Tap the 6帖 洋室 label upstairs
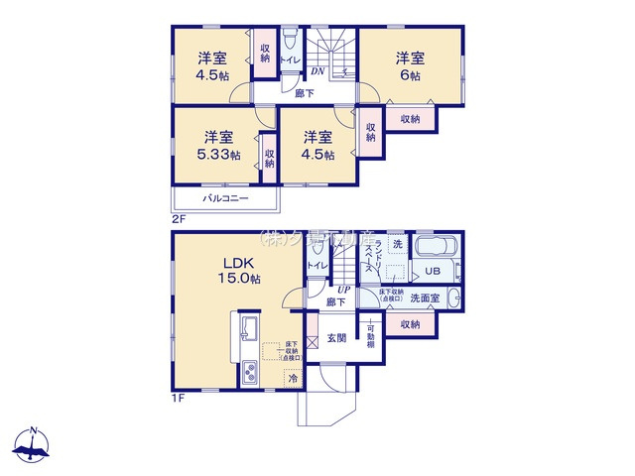click(409, 64)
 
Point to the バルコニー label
click(225, 198)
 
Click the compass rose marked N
click(34, 446)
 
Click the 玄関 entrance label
click(336, 338)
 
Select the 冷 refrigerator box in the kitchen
click(293, 377)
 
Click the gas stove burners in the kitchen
click(249, 374)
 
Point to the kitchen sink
click(249, 329)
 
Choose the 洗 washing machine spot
click(397, 244)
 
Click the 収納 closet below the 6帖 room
click(409, 118)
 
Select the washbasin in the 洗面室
click(452, 297)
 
